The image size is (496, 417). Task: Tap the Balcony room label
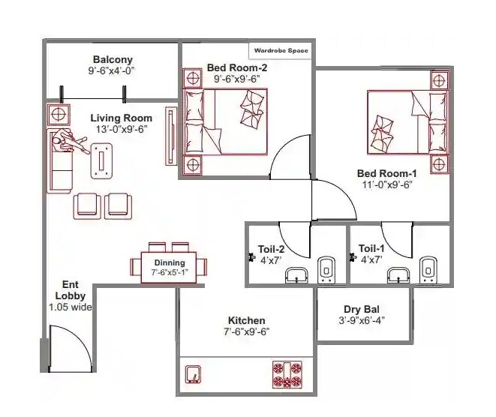pyautogui.click(x=113, y=59)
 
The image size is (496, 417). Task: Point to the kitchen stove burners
pyautogui.click(x=288, y=374)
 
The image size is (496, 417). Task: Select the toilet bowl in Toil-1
pyautogui.click(x=428, y=268)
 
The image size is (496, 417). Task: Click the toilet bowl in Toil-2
pyautogui.click(x=326, y=268)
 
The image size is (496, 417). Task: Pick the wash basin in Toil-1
pyautogui.click(x=398, y=275)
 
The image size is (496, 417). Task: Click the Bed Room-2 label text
pyautogui.click(x=237, y=67)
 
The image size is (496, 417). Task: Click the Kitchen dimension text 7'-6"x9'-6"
pyautogui.click(x=246, y=331)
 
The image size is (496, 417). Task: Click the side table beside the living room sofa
pyautogui.click(x=57, y=114)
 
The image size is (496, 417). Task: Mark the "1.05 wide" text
pyautogui.click(x=70, y=307)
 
